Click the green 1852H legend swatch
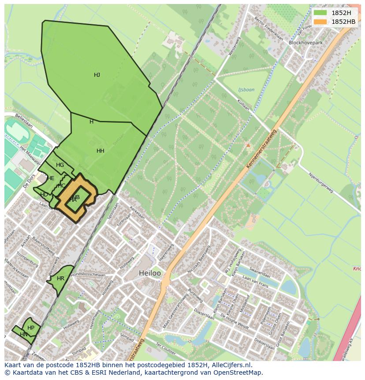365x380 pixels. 320,12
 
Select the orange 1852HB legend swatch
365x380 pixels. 320,22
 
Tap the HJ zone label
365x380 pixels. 97,75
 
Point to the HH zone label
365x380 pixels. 101,151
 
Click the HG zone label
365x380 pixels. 60,165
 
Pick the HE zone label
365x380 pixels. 51,178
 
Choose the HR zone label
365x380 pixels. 61,278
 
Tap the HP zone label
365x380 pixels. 31,328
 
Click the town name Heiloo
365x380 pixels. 150,273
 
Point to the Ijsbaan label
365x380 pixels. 246,90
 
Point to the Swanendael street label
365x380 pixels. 259,269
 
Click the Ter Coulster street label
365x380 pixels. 166,350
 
